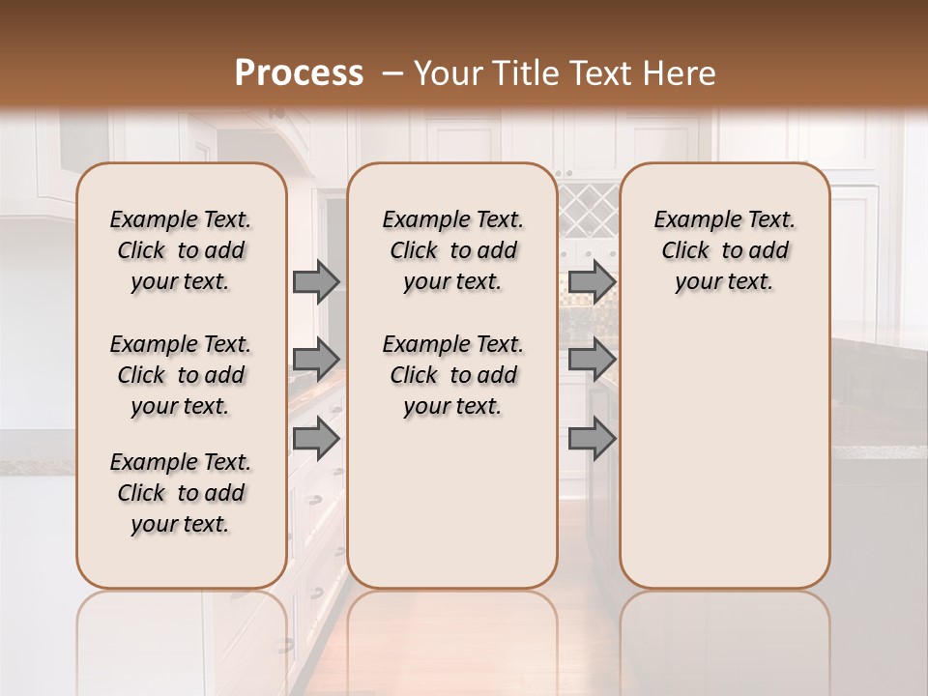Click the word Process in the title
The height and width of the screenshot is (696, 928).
pos(299,73)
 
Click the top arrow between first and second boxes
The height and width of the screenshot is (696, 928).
pos(316,281)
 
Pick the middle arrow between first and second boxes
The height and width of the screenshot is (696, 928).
pos(316,360)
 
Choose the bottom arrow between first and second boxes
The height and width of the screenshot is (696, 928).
pos(316,438)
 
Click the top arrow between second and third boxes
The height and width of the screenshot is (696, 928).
pos(592,281)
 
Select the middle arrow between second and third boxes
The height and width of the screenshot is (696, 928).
pos(592,360)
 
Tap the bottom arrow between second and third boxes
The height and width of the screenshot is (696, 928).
pos(592,438)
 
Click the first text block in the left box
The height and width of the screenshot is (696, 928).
pos(181,250)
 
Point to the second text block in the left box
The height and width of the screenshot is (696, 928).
pos(181,375)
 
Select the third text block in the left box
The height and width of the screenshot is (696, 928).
pos(181,493)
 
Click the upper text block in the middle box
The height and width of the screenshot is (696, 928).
pos(452,250)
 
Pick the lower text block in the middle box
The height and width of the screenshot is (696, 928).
pos(452,375)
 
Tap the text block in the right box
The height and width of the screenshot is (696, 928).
pos(725,250)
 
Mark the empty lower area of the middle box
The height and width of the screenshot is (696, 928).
pos(452,503)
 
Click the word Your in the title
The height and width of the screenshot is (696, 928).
pos(450,73)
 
